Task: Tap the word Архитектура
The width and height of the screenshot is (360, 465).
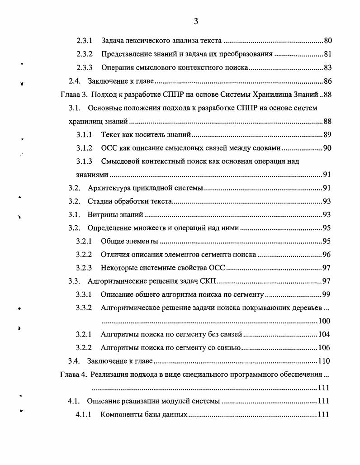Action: (109, 188)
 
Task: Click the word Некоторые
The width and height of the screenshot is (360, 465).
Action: (119, 268)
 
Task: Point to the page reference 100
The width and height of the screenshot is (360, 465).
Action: (324, 321)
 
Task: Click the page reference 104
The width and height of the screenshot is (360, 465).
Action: (324, 335)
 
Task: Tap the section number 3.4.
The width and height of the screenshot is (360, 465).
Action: (74, 361)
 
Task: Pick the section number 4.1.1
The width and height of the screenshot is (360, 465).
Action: (84, 414)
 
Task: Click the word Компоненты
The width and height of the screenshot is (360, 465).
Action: (121, 414)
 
